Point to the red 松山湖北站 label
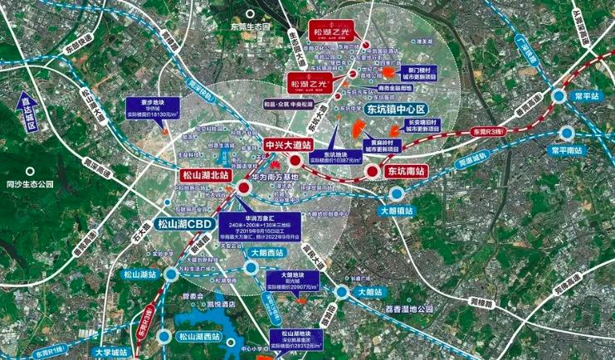[x=206, y=175]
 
